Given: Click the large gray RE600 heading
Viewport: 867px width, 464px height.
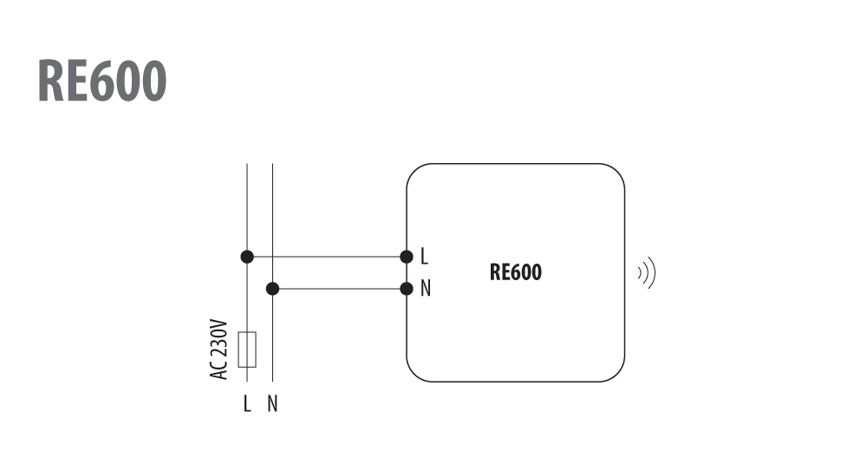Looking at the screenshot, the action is [102, 81].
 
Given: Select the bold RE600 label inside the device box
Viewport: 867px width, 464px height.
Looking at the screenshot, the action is [515, 272].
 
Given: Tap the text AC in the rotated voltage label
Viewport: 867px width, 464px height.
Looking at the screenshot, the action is [219, 370].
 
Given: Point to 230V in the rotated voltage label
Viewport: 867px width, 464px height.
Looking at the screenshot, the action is [219, 338].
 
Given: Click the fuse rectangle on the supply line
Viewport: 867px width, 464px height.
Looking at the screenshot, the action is [247, 350].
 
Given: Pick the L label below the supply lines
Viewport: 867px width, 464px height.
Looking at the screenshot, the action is [247, 403].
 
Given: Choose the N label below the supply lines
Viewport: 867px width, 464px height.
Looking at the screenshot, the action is [272, 403].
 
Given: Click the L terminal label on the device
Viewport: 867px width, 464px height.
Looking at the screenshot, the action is [424, 256].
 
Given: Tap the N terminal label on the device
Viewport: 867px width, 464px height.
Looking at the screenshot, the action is [425, 288].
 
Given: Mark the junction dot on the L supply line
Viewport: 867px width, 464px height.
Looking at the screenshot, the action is [247, 257].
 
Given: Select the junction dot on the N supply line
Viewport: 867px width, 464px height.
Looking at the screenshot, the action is [272, 289].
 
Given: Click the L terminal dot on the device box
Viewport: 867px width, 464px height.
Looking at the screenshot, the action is [407, 257].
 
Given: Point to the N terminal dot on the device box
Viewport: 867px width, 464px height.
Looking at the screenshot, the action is [407, 289].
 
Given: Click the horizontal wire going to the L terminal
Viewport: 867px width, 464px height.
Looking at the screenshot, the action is [327, 257].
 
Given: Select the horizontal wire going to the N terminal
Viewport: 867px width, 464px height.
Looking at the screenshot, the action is [340, 289].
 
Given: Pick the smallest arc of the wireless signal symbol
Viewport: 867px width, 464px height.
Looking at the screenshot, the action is [641, 273].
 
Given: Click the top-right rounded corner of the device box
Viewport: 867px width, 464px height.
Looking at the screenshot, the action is [617, 172].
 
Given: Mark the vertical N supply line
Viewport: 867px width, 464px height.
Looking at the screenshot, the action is [272, 272].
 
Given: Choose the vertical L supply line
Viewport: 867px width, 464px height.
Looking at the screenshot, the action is [247, 248].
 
